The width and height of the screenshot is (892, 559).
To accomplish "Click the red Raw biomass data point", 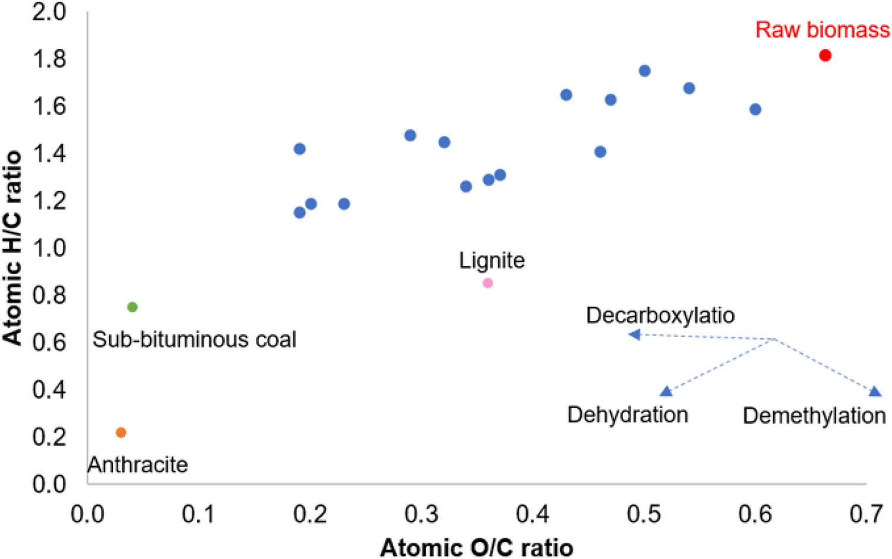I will (825, 55).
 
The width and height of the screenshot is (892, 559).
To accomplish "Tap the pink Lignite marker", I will (488, 283).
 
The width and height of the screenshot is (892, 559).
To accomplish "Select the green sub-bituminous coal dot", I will (132, 307).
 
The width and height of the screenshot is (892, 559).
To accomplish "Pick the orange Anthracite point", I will (121, 433).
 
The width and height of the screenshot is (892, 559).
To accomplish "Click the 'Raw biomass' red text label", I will (822, 30).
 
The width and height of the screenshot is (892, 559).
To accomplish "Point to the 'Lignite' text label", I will (492, 261).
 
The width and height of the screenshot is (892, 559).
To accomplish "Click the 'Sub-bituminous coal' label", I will (194, 339).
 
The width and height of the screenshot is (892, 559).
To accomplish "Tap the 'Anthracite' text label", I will (138, 465).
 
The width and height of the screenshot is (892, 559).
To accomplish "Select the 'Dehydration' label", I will (627, 415).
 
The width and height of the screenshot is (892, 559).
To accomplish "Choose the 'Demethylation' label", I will (814, 416).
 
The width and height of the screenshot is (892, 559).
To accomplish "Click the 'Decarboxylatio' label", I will (660, 315).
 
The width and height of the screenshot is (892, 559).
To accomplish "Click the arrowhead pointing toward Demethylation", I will (874, 391).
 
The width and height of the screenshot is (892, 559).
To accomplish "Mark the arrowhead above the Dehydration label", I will (666, 391).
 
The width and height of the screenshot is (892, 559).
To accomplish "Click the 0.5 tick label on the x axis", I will (644, 514).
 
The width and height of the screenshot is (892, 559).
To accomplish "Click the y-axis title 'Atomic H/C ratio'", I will (12, 247).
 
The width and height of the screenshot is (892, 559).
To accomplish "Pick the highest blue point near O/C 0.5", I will (644, 71).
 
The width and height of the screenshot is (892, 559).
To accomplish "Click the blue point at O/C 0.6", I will (755, 109).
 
